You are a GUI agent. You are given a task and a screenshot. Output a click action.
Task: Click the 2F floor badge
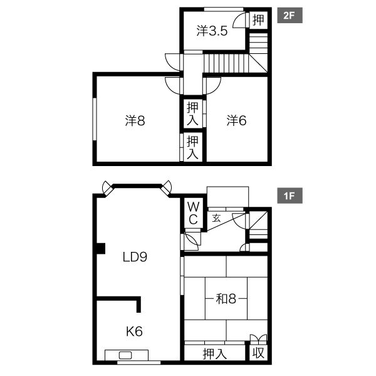pyautogui.click(x=290, y=16)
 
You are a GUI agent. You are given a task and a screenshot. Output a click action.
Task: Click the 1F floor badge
pyautogui.click(x=290, y=196)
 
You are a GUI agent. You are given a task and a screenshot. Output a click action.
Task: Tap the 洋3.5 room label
pyautogui.click(x=212, y=31)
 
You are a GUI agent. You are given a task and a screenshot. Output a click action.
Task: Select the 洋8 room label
pyautogui.click(x=135, y=120)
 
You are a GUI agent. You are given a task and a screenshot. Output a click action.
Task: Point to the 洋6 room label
pyautogui.click(x=236, y=120)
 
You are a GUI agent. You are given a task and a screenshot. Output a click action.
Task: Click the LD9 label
pyautogui.click(x=135, y=257)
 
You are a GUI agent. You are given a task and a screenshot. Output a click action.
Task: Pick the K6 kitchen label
pyautogui.click(x=134, y=332)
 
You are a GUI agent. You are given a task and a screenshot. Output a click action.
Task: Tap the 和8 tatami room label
pyautogui.click(x=226, y=299)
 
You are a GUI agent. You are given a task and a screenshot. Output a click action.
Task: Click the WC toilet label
pyautogui.click(x=193, y=212)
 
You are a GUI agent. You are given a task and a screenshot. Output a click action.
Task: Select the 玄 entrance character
pyautogui.click(x=216, y=218)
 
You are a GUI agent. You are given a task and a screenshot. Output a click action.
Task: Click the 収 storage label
pyautogui.click(x=258, y=353)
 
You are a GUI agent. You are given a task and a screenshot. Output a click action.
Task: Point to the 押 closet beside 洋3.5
pyautogui.click(x=258, y=20)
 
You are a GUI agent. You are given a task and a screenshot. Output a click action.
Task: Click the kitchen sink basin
pyautogui.click(x=125, y=355)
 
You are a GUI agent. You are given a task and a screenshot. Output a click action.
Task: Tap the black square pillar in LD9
pyautogui.click(x=101, y=248)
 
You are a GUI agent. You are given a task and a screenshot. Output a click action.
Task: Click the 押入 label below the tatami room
pyautogui.click(x=214, y=354)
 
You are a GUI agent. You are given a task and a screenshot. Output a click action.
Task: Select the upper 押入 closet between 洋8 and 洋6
pyautogui.click(x=192, y=113)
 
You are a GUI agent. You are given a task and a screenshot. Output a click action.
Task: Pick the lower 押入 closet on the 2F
pyautogui.click(x=192, y=147)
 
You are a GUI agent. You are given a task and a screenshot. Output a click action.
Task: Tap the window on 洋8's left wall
pyautogui.click(x=95, y=119)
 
